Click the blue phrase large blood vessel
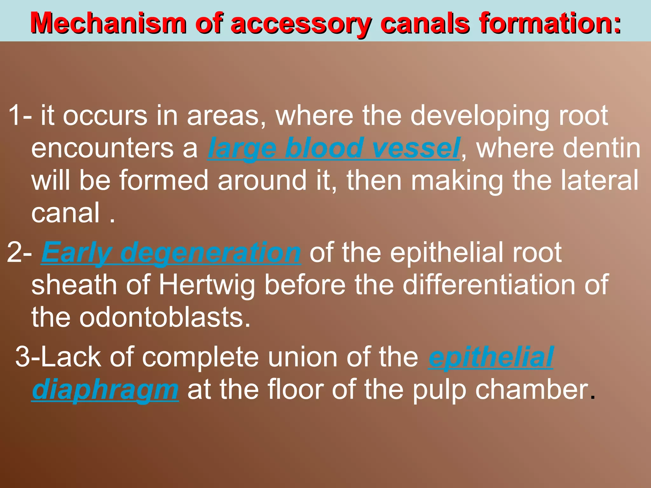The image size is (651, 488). (x=334, y=148)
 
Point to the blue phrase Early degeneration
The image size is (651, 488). (x=171, y=253)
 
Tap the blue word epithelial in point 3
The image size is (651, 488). (x=491, y=357)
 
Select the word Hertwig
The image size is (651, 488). (x=207, y=285)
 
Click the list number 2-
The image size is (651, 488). (x=19, y=253)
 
